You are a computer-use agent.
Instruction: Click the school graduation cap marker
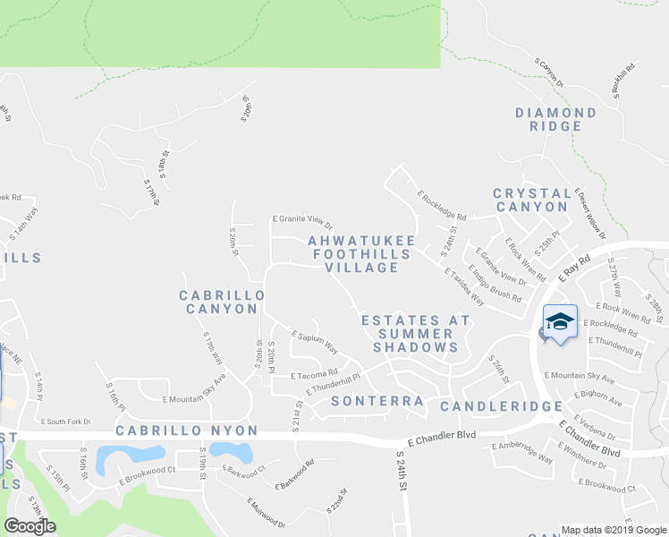pos(560,322)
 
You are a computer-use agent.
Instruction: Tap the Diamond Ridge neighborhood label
pos(555,119)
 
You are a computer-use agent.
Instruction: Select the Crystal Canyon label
pos(531,200)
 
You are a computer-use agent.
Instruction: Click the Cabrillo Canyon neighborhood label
pos(222,302)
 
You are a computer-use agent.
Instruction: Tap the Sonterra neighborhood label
pos(376,402)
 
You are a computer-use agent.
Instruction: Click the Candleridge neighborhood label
pos(500,406)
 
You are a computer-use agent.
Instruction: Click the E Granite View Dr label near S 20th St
pos(302,222)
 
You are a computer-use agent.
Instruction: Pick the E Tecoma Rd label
pos(314,373)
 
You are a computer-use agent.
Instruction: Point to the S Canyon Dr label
pos(549,72)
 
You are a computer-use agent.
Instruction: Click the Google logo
pos(30,526)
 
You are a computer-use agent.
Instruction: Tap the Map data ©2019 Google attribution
pos(613,530)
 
